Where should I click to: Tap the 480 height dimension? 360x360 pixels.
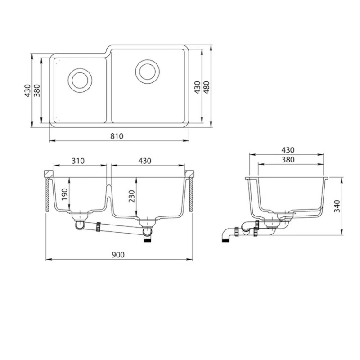point(207,86)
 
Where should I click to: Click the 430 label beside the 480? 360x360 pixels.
point(197,87)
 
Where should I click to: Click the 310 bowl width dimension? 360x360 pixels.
point(79,161)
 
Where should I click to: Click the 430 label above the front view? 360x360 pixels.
point(145,161)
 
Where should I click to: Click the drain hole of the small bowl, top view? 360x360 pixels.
point(80,80)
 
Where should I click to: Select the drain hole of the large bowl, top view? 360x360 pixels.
point(147,71)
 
